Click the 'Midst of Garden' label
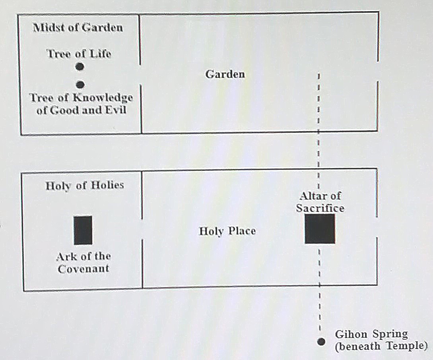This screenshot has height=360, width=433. coord(78,28)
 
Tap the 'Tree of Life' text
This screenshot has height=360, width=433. coord(79,53)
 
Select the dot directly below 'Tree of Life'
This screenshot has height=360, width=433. coord(80,67)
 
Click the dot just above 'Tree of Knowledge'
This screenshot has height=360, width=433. coord(80,84)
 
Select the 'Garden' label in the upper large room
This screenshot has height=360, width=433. coord(225,74)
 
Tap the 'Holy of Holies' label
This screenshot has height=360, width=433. coord(84,186)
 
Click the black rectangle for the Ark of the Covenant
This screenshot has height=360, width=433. coord(83,230)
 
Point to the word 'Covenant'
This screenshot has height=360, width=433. coord(83,269)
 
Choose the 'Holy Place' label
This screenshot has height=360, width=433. coord(227,231)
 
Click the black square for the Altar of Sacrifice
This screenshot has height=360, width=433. coord(320,228)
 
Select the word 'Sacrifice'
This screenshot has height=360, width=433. coord(320,207)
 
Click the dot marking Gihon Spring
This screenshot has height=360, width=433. coord(321,341)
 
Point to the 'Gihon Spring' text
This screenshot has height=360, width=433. coord(371,334)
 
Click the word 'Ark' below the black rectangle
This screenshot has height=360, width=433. coord(66,256)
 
